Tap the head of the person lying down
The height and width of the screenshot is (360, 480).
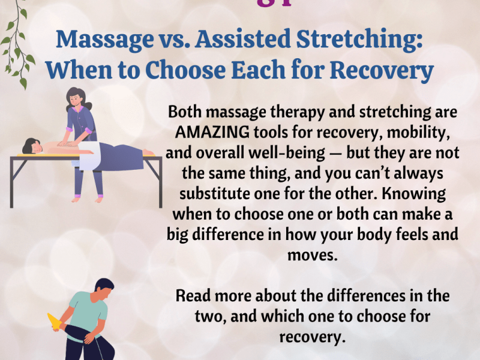pyautogui.click(x=30, y=146)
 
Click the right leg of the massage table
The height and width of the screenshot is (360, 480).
pyautogui.click(x=160, y=180)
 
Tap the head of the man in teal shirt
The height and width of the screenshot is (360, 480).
pyautogui.click(x=103, y=290)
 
